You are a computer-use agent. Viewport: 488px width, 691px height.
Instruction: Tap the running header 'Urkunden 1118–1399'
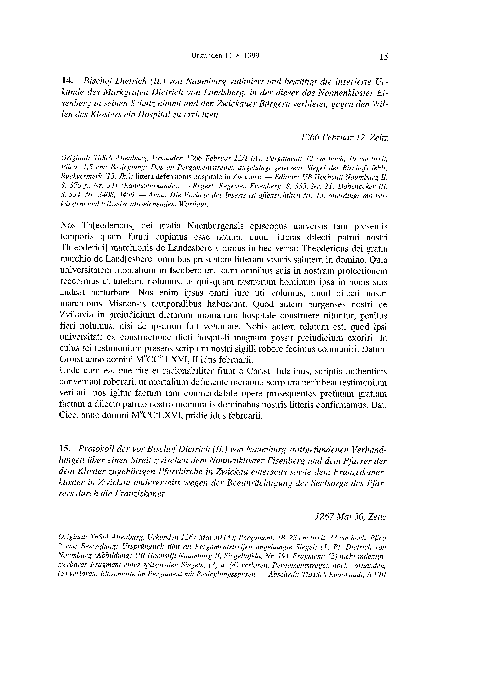click(x=225, y=56)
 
